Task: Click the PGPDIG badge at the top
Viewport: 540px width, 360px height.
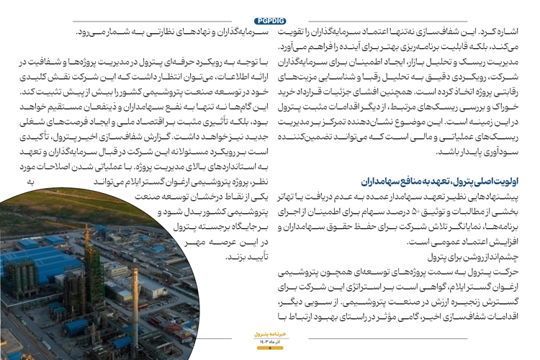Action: (270, 20)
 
